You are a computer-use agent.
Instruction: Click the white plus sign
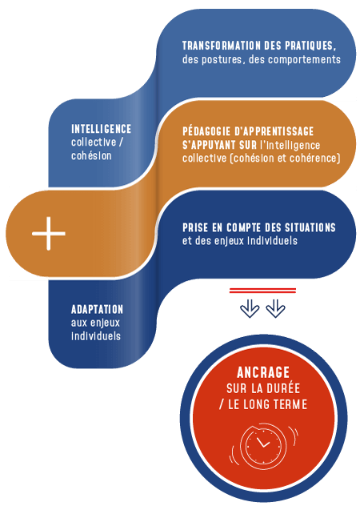pyautogui.click(x=48, y=233)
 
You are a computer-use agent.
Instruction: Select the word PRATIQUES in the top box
pyautogui.click(x=310, y=46)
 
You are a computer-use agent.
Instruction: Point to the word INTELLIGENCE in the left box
pyautogui.click(x=102, y=129)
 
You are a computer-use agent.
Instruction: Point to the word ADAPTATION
pyautogui.click(x=97, y=310)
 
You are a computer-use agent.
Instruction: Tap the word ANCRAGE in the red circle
pyautogui.click(x=263, y=373)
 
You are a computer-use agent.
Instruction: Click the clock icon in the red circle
pyautogui.click(x=263, y=446)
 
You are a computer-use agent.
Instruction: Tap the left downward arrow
pyautogui.click(x=250, y=308)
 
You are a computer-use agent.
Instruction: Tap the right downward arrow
pyautogui.click(x=275, y=308)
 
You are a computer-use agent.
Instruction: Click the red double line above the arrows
pyautogui.click(x=262, y=291)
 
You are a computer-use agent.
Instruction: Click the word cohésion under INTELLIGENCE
pyautogui.click(x=91, y=156)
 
